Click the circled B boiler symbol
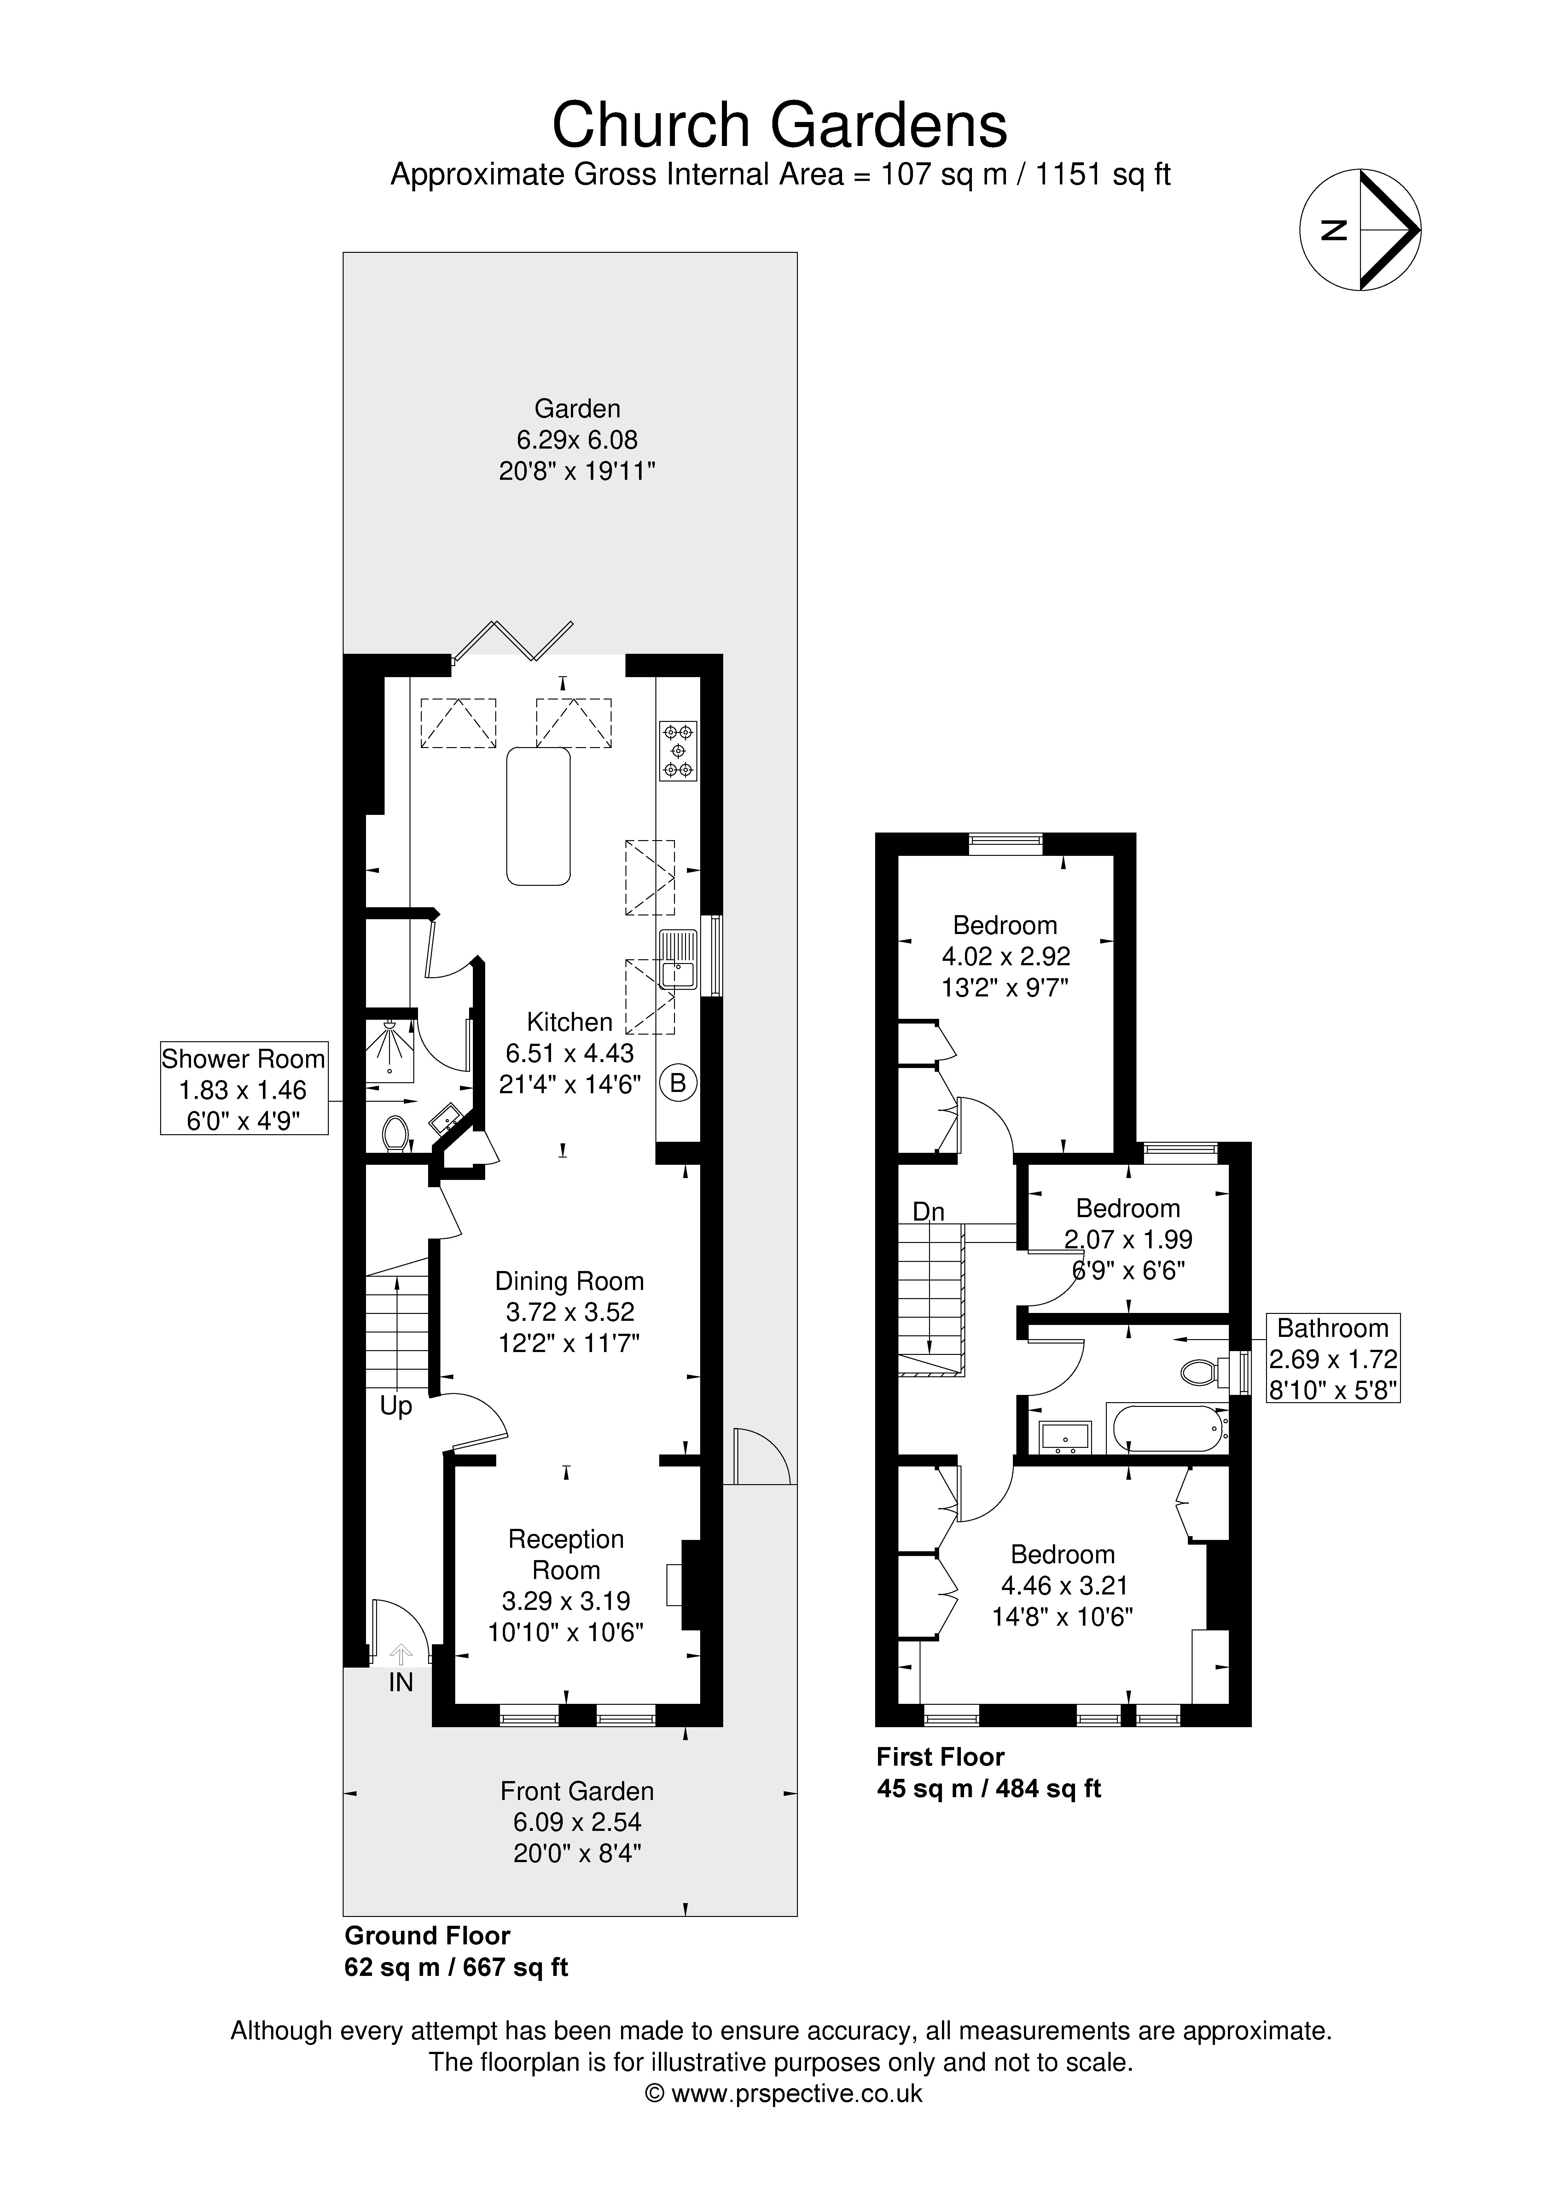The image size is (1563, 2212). pyautogui.click(x=677, y=1083)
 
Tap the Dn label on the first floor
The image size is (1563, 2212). pyautogui.click(x=928, y=1211)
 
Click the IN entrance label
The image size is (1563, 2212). pyautogui.click(x=401, y=1682)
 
